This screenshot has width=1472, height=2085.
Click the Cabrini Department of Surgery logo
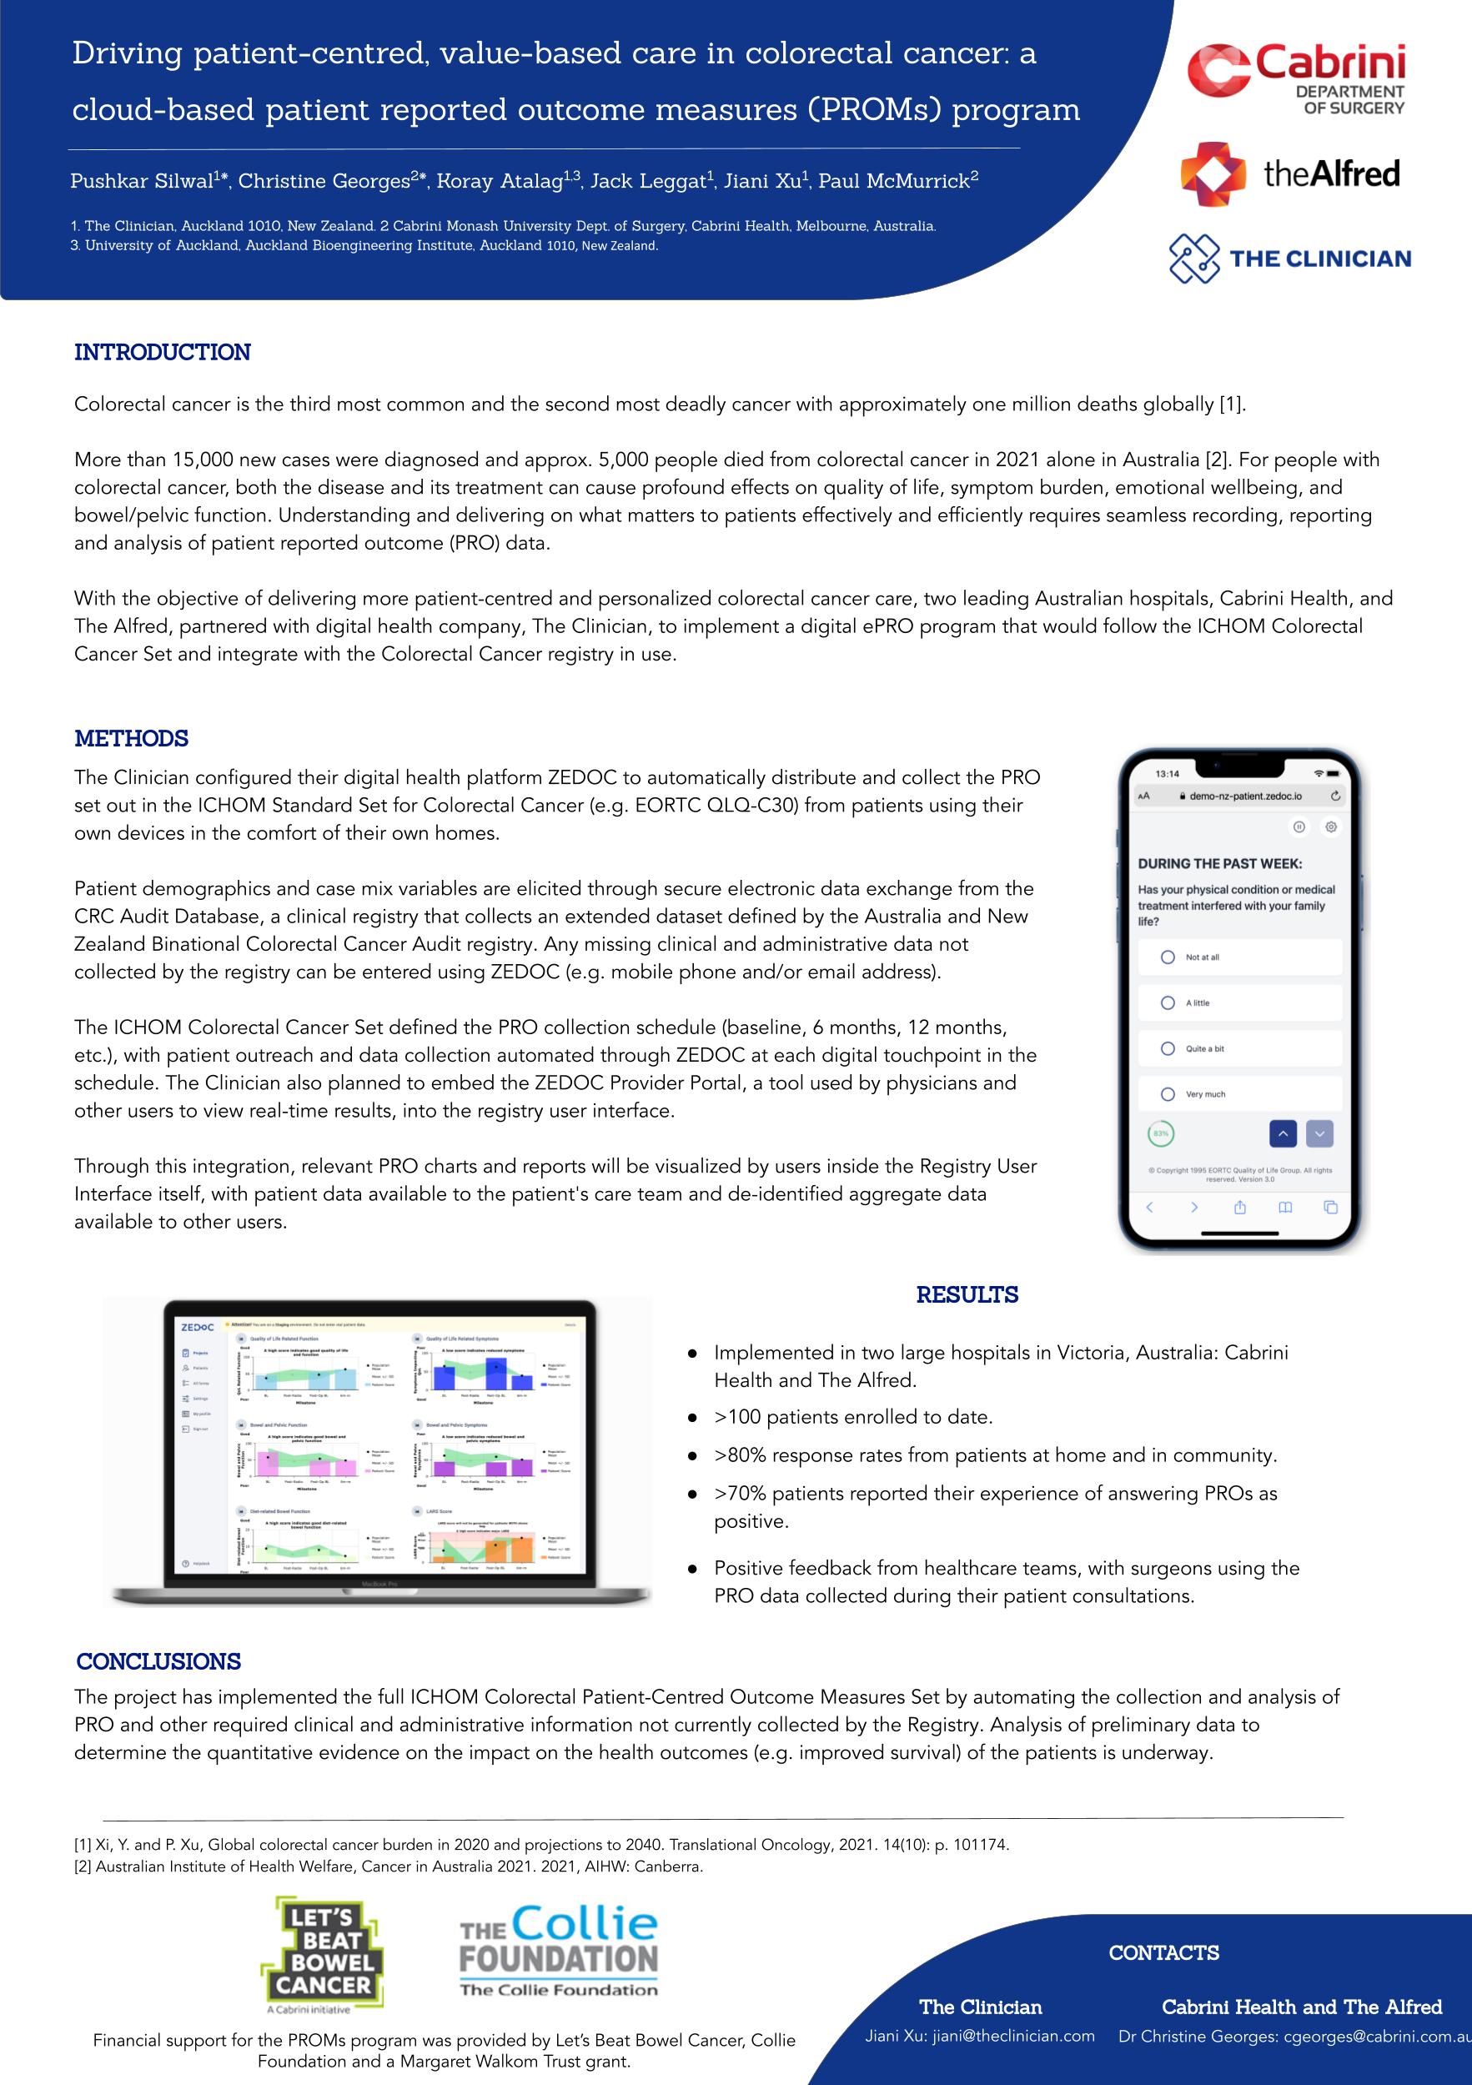1297,81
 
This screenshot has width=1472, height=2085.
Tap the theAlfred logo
1289,173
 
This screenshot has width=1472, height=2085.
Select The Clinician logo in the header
1289,259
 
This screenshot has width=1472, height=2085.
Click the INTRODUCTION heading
163,352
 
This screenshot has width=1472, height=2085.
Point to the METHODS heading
132,738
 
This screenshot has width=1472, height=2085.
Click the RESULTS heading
967,1295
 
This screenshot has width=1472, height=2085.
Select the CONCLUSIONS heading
159,1662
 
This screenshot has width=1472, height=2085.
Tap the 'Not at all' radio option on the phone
1168,957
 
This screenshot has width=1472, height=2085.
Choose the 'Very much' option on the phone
1168,1094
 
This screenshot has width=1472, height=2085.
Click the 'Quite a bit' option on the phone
1168,1049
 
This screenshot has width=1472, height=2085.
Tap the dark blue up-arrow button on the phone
1282,1133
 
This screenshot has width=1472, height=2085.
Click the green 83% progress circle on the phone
1161,1133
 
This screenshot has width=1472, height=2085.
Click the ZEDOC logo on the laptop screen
197,1328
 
